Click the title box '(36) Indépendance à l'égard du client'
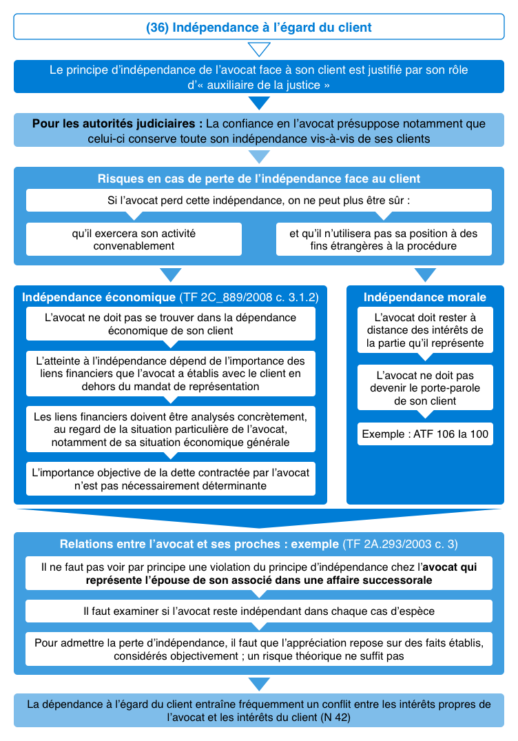click(x=258, y=28)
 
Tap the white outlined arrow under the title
click(x=259, y=50)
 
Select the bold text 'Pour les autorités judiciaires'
click(x=117, y=124)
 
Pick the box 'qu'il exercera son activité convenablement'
click(x=134, y=239)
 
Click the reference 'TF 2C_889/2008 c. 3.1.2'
click(x=249, y=297)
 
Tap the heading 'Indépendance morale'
click(x=424, y=297)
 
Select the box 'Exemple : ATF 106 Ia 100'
click(x=424, y=435)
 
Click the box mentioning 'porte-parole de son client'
click(x=424, y=388)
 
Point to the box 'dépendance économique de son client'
click(x=170, y=324)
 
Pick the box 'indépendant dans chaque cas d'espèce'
click(x=258, y=611)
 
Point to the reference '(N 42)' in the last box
click(x=335, y=717)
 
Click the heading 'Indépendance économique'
click(x=99, y=297)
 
